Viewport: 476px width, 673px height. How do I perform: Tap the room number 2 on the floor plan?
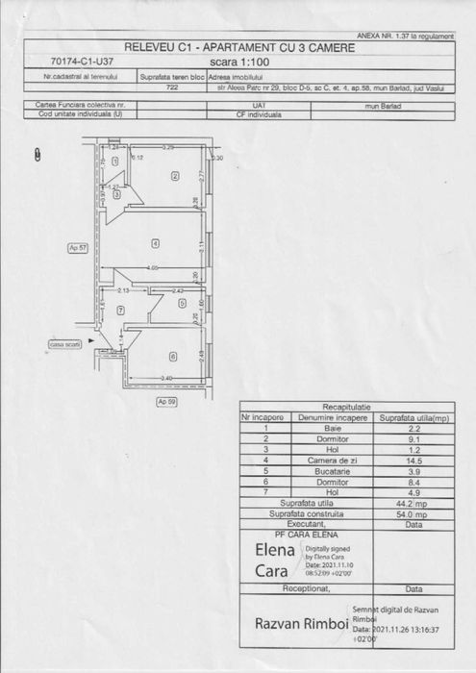click(175, 176)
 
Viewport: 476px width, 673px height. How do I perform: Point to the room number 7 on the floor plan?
click(120, 310)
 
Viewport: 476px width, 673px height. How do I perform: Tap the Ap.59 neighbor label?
click(166, 401)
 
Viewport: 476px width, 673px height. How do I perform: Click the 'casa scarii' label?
click(65, 344)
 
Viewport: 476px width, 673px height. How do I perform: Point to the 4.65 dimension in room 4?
click(153, 267)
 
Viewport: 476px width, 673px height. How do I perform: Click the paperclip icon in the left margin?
click(37, 153)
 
